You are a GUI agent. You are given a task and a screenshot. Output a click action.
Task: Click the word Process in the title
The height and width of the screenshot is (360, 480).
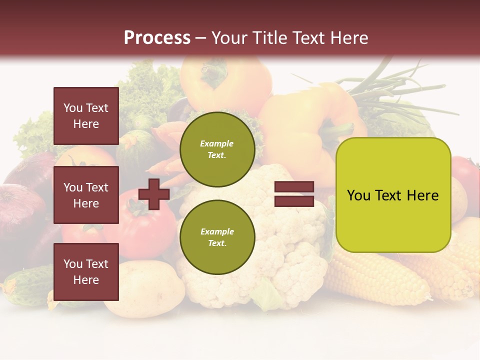tap(157, 38)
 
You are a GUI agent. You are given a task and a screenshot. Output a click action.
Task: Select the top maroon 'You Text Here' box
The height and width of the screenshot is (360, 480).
tap(86, 116)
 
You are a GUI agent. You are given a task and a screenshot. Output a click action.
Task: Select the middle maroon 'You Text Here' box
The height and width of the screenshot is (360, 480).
tap(86, 195)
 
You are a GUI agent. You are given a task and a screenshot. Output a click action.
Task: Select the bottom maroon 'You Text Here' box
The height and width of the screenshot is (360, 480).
tap(86, 271)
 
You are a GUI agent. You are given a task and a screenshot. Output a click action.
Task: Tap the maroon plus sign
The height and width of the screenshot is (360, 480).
tap(154, 194)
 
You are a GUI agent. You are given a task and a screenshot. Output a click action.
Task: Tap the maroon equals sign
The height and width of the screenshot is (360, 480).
tap(294, 194)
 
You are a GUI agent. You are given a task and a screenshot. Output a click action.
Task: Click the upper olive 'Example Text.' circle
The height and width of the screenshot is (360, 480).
tap(217, 149)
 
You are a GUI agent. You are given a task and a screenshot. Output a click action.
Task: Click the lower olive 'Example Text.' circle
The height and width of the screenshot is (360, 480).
tap(217, 237)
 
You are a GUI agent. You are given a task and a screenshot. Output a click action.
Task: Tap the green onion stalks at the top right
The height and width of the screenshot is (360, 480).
tap(400, 90)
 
